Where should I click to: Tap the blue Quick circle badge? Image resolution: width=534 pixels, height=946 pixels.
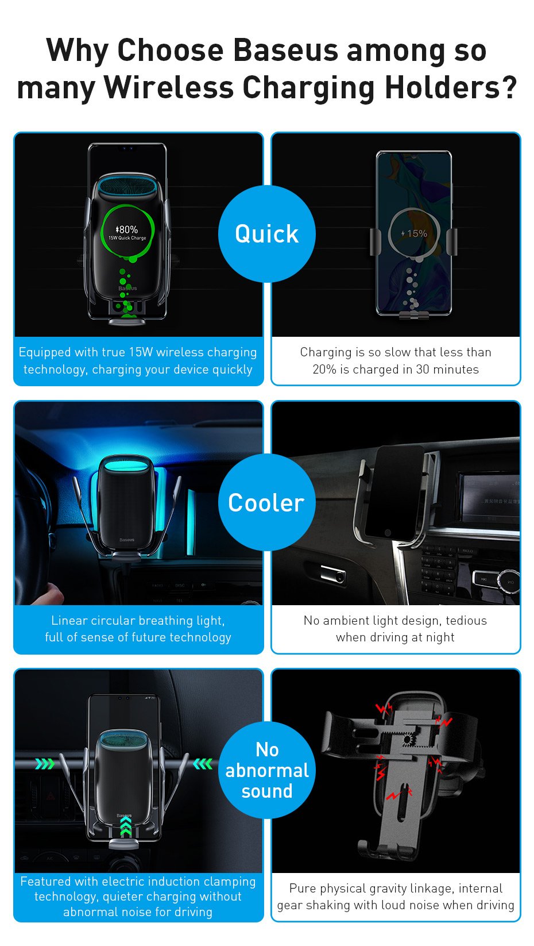(x=266, y=233)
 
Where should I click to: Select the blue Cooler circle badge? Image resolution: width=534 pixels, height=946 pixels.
(x=266, y=502)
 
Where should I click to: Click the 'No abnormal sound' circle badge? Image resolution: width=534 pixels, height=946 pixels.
(x=266, y=770)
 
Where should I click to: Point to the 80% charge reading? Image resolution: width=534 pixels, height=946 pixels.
(x=126, y=229)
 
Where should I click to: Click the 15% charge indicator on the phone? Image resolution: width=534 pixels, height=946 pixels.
(x=414, y=233)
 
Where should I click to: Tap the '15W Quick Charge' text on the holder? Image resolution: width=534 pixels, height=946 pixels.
(x=127, y=238)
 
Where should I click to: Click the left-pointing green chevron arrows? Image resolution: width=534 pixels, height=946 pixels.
(x=203, y=764)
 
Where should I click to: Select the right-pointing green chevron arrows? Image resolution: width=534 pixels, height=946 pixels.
(x=45, y=764)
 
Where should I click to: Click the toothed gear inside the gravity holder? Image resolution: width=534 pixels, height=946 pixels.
(x=408, y=740)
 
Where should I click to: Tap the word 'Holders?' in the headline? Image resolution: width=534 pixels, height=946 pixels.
(x=451, y=88)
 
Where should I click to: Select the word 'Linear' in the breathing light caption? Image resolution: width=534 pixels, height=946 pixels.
(x=69, y=620)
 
